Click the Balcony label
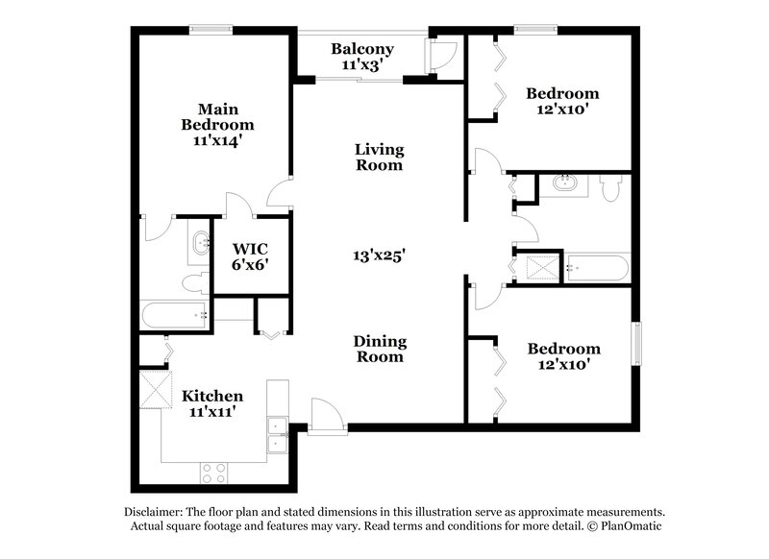click(362, 57)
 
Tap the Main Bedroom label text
click(218, 124)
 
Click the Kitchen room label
click(212, 403)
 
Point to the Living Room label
click(379, 157)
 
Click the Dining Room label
click(379, 349)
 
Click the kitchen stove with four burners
click(212, 472)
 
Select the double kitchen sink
click(278, 433)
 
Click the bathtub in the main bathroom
click(174, 314)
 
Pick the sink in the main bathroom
click(200, 243)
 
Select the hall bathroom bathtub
click(596, 268)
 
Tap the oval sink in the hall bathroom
click(563, 182)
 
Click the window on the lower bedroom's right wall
click(634, 344)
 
